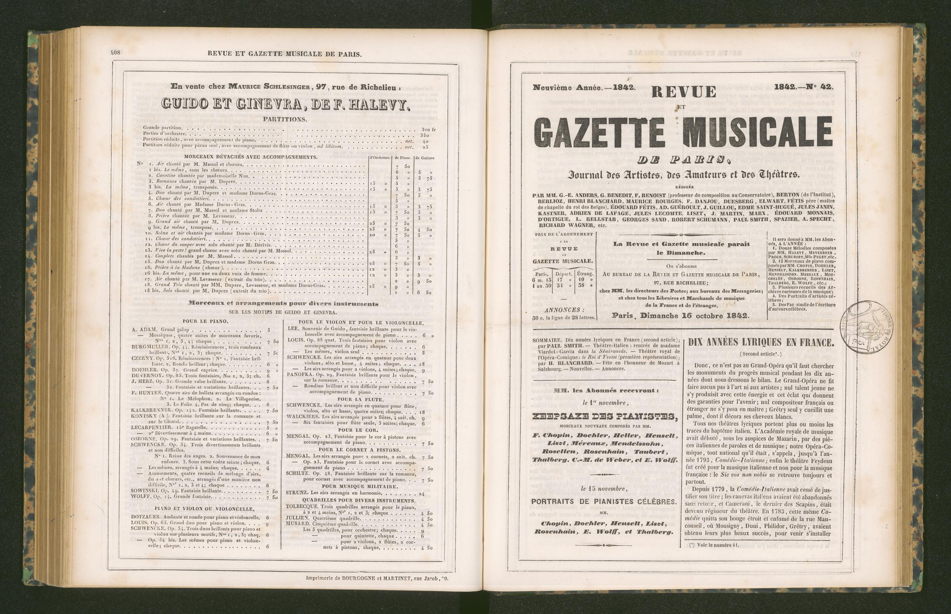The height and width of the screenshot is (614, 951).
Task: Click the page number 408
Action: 116,52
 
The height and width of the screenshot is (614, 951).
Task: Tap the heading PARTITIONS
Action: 285,119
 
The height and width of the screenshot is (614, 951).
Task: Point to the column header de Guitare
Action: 424,158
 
